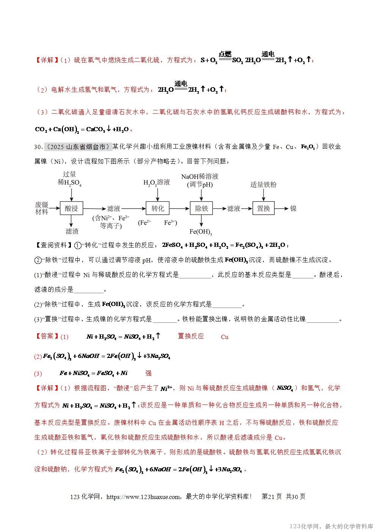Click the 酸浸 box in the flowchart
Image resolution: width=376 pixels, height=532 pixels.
[71, 209]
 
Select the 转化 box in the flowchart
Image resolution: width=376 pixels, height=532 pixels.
[158, 209]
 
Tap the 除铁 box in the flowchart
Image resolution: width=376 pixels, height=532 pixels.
[201, 209]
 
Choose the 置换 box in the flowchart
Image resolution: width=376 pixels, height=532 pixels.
[263, 209]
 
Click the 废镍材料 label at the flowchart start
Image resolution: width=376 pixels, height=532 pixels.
[42, 209]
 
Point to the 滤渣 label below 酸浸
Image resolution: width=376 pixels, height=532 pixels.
[72, 231]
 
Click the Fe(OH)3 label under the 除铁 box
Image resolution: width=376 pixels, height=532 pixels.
[201, 232]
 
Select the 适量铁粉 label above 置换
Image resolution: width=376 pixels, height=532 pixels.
[263, 185]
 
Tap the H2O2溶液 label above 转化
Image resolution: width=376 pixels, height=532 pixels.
[157, 182]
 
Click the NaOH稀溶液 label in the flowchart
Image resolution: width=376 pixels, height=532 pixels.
[200, 177]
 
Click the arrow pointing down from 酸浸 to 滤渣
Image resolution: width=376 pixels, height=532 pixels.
[71, 221]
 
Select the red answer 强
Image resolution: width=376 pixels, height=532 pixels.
[149, 373]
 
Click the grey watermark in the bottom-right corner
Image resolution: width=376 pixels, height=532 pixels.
[331, 526]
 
